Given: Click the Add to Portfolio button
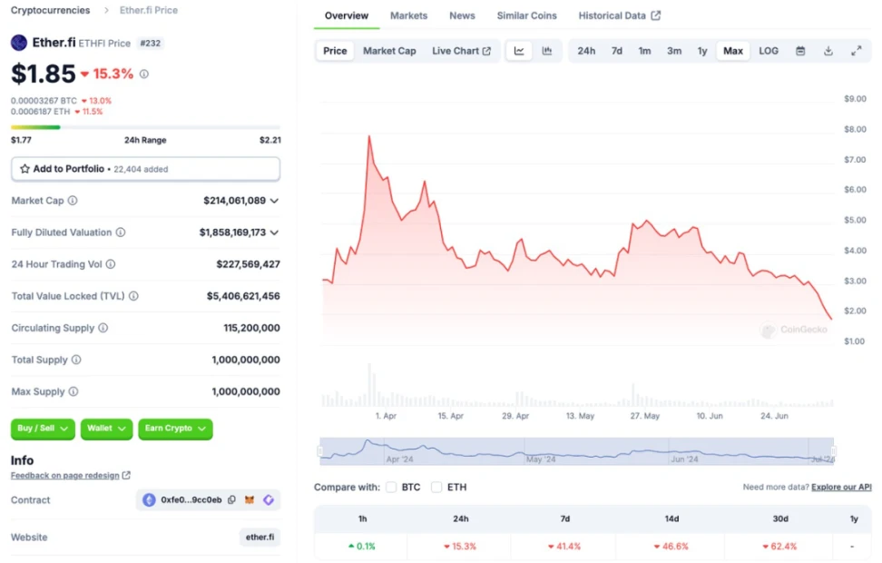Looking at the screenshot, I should point(145,169).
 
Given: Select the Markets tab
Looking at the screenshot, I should point(408,15).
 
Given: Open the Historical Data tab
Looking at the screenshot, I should point(619,15).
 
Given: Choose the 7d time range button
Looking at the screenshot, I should point(617,51).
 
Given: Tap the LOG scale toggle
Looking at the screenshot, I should point(769,51).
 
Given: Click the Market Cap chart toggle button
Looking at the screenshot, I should point(389,51).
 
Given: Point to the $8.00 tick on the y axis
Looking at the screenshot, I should point(855,129).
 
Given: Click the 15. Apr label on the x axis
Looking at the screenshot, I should point(450,416).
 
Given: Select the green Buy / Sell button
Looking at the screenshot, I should point(44,429).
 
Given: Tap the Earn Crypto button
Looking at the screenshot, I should point(175,429).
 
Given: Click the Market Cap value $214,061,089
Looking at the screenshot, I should point(234,201).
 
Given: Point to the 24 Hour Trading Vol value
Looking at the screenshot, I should point(248,264).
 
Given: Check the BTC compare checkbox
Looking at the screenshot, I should point(391,488).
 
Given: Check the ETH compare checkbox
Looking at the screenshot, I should point(436,488).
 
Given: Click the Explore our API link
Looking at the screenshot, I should point(841,488).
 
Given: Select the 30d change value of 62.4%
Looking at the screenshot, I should point(784,547).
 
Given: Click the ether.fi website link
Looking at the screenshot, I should point(260,538).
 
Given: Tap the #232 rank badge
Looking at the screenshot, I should point(151,43).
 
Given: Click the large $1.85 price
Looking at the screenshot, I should point(43,74).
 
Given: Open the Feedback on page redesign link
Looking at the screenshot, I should point(65,475).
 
